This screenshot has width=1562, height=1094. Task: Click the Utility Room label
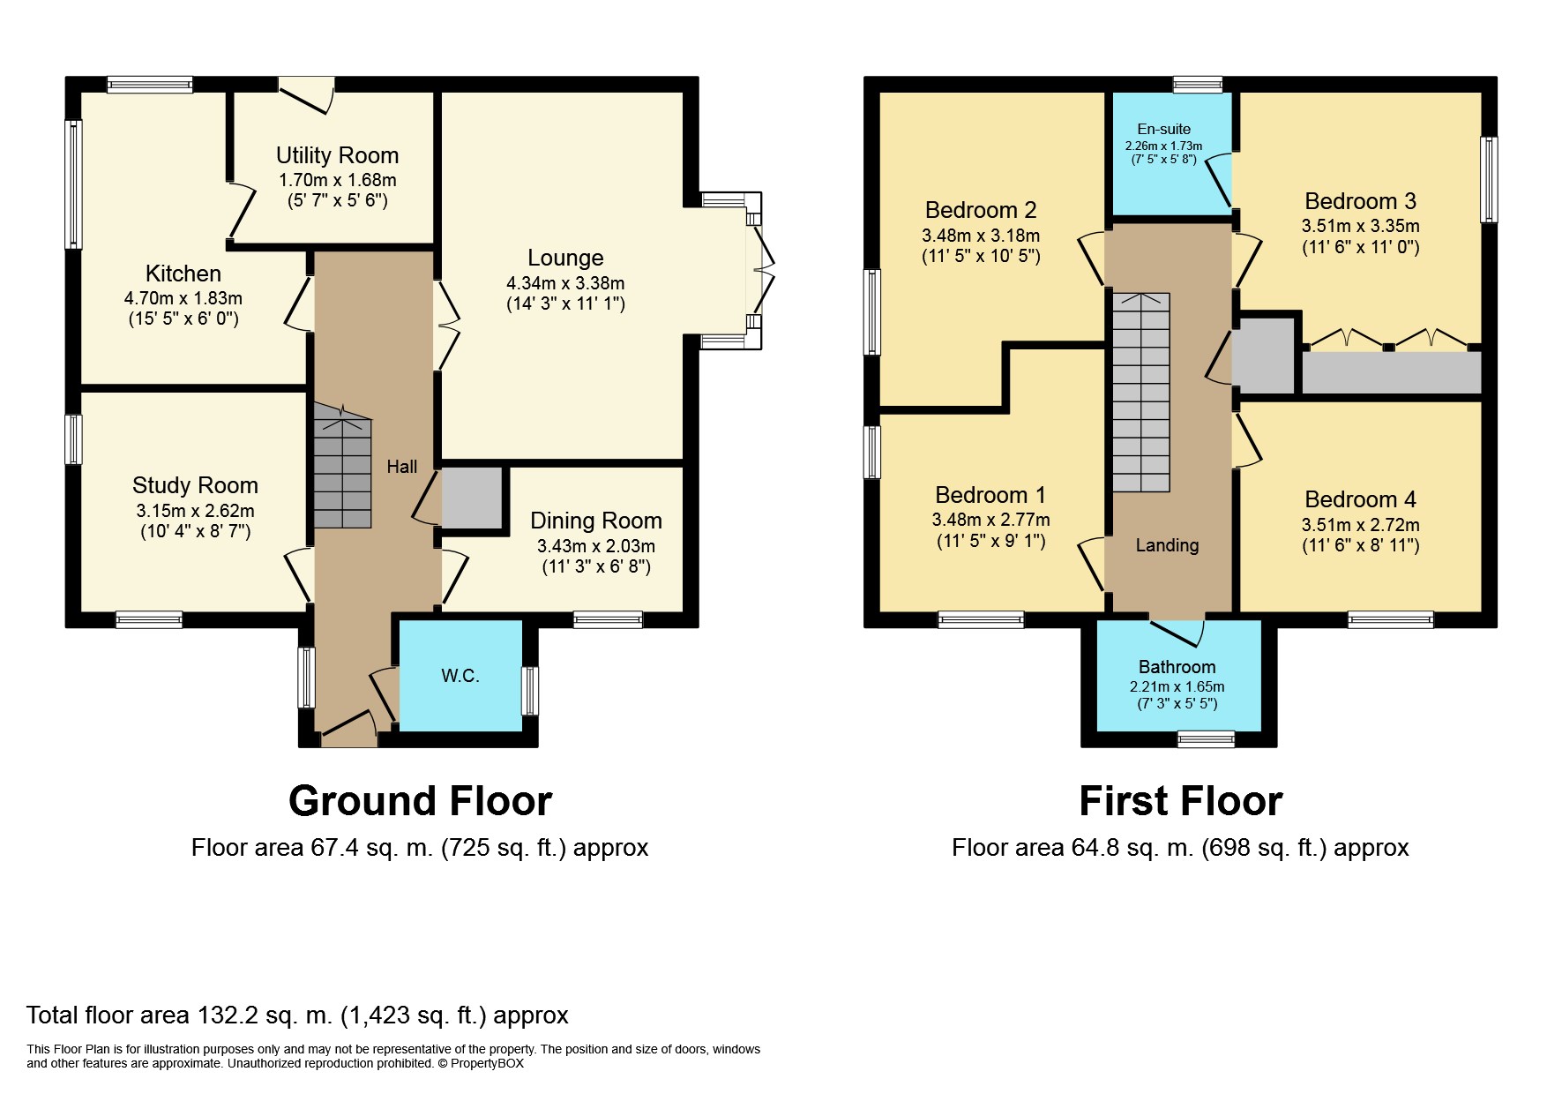[337, 155]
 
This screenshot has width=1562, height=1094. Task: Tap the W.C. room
[460, 676]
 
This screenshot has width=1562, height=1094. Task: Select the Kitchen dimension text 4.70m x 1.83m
[183, 298]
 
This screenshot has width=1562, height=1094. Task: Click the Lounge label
[565, 258]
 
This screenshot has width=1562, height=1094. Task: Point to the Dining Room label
[596, 521]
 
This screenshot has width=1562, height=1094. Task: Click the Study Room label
[195, 485]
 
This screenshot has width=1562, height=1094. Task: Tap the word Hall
[401, 466]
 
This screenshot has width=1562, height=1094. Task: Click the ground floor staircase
[342, 466]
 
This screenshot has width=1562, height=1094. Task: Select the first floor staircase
[1140, 393]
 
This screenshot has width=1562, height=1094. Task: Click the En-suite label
[1164, 129]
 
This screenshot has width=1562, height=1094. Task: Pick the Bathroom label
[1177, 667]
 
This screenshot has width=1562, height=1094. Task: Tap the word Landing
[1167, 545]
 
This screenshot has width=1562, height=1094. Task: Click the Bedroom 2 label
[981, 210]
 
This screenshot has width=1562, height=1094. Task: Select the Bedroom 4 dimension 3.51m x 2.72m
[1361, 525]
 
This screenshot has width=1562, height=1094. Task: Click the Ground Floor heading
[420, 801]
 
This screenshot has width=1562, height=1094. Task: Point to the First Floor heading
[1181, 801]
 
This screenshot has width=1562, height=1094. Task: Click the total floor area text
[297, 1015]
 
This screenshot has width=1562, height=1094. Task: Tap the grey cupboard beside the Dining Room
[472, 498]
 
